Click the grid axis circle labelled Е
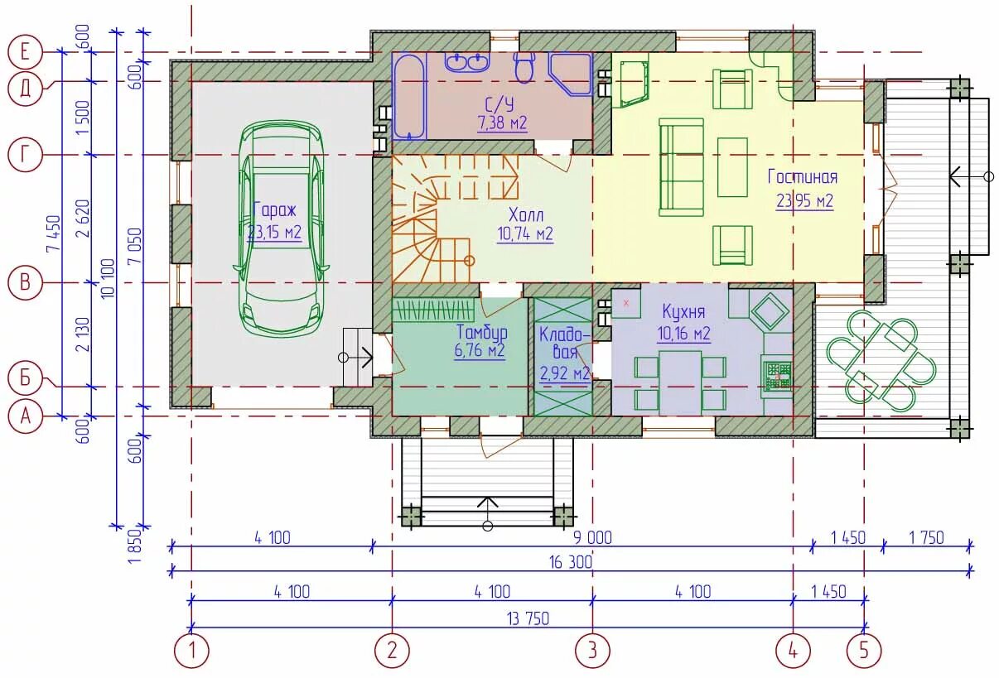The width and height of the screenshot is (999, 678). (25, 52)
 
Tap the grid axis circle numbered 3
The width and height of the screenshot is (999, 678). (592, 651)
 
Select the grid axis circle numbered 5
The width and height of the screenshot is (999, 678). (864, 651)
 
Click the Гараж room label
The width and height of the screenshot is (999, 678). (274, 209)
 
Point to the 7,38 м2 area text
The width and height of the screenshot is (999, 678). (502, 123)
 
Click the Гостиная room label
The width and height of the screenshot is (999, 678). (803, 177)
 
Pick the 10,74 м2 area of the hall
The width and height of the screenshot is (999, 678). (525, 233)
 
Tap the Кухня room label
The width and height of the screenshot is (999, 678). (683, 311)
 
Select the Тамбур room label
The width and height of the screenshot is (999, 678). (482, 332)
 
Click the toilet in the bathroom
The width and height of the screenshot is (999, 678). (524, 67)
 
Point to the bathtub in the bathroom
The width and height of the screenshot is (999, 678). (409, 96)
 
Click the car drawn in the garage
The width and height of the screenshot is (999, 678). (281, 228)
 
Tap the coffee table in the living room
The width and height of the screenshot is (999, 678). (732, 167)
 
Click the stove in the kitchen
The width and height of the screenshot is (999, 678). (778, 375)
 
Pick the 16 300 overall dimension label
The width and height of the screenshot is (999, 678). (571, 563)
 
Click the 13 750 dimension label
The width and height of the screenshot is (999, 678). (528, 618)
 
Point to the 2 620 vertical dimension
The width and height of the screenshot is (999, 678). (84, 219)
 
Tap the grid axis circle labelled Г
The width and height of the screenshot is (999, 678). (25, 155)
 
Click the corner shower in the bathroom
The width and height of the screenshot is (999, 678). (570, 74)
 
